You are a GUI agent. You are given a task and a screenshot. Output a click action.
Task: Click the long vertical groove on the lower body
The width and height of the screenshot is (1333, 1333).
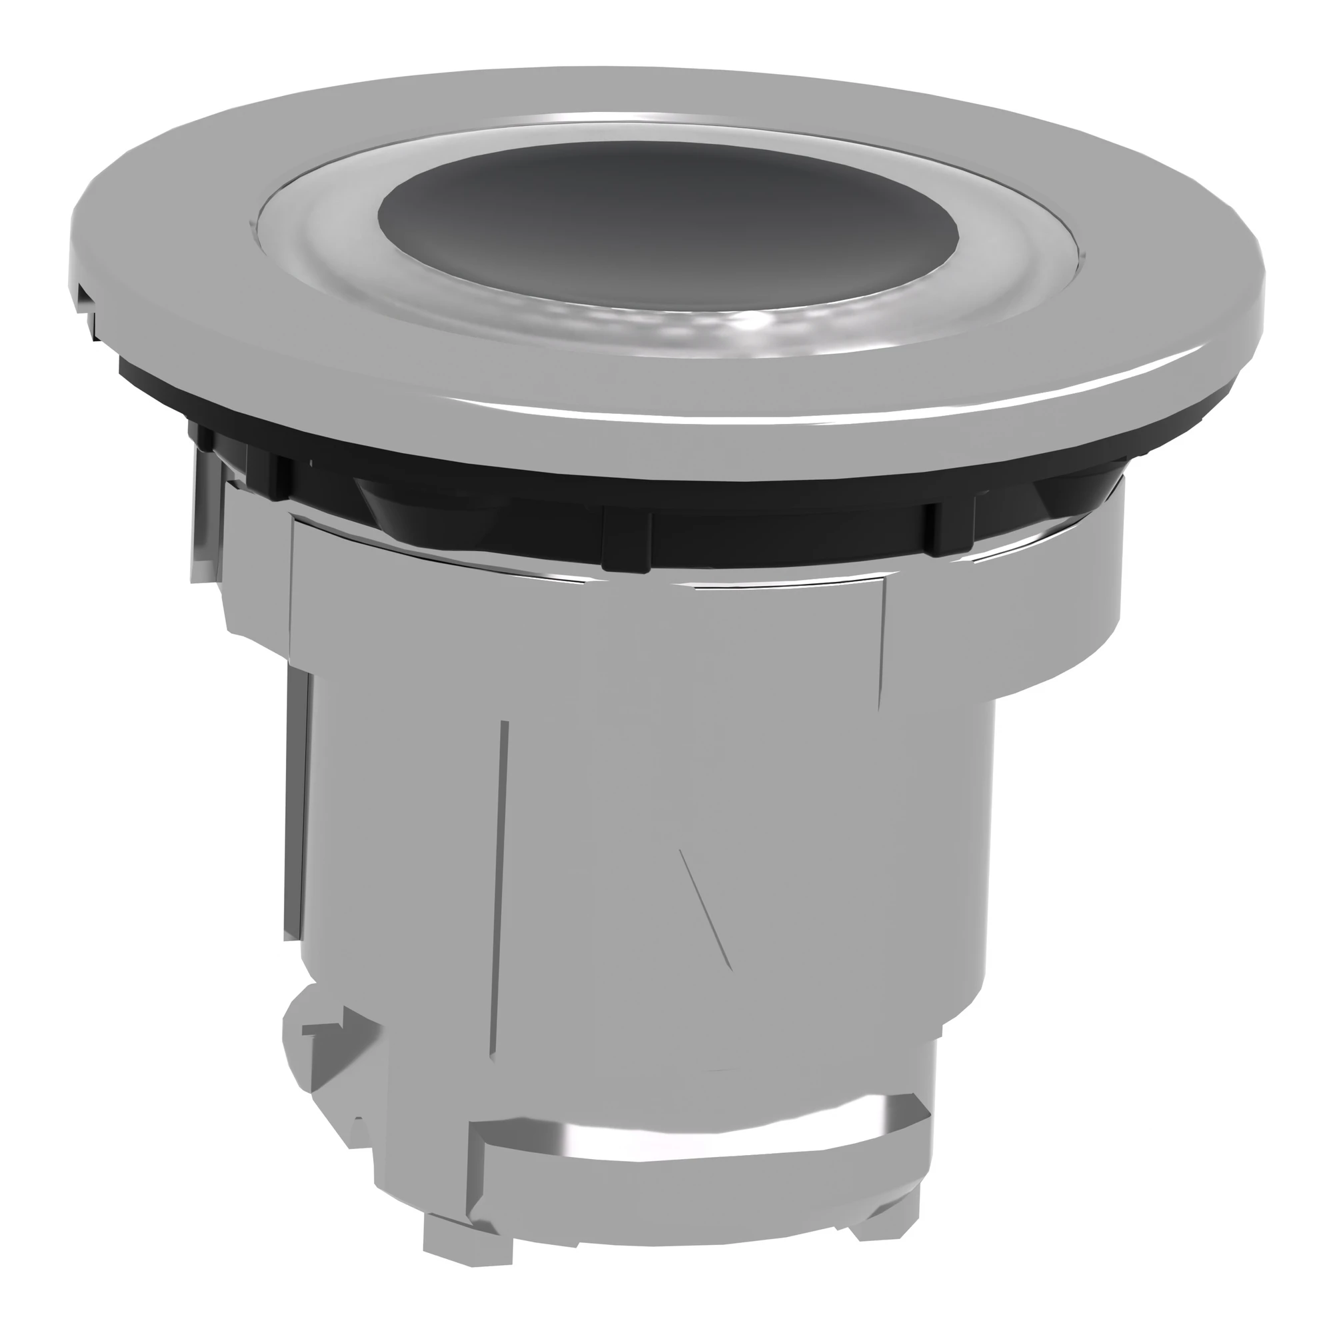point(501,897)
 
